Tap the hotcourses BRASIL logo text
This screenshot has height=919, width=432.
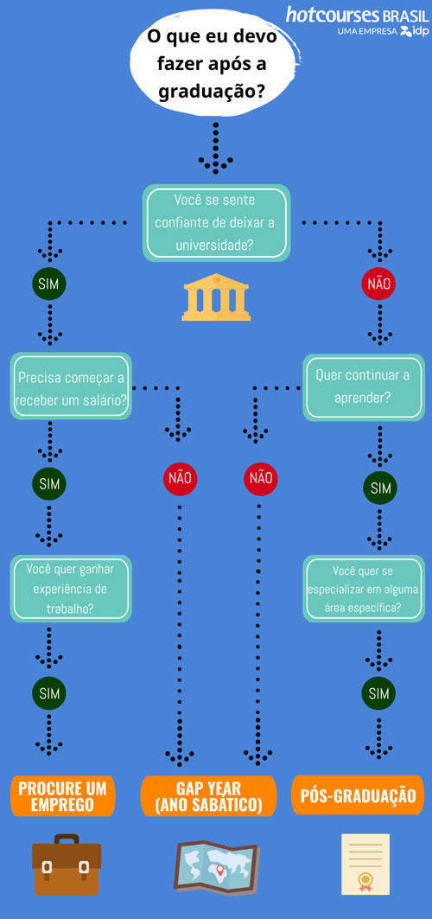tap(357, 14)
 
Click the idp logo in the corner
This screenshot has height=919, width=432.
tap(415, 31)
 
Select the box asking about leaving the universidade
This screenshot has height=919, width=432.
tap(217, 223)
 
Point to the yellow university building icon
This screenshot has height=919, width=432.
tap(216, 297)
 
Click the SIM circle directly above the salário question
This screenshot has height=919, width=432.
tap(49, 284)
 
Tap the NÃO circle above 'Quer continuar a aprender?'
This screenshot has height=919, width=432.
tap(378, 284)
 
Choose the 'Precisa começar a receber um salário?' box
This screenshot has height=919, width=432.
tap(71, 386)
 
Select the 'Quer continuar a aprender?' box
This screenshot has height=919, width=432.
tap(363, 386)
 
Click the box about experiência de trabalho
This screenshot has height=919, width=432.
tap(71, 589)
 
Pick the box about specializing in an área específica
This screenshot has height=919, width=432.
tap(363, 589)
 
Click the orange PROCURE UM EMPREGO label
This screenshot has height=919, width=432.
tap(62, 796)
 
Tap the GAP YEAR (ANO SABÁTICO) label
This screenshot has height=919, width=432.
tap(208, 796)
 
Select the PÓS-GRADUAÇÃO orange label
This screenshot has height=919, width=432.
tap(358, 795)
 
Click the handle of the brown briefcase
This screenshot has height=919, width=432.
tap(67, 839)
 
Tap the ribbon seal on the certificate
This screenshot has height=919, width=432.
tap(365, 880)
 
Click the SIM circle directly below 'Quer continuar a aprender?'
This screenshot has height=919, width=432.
tap(380, 488)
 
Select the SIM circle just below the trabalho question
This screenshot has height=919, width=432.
tap(49, 693)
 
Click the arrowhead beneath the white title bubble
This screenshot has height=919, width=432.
tap(215, 164)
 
